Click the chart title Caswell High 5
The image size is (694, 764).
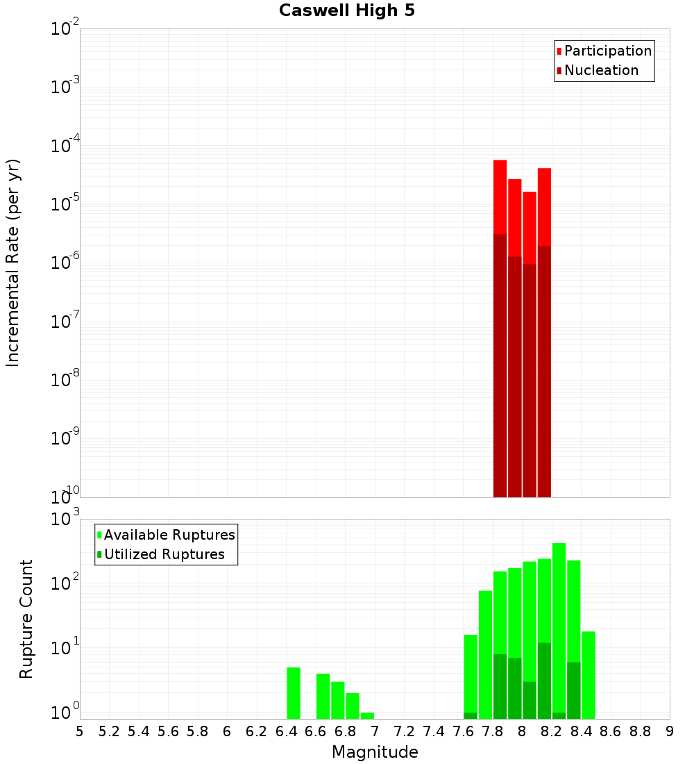click(x=347, y=11)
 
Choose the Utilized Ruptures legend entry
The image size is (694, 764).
click(x=164, y=555)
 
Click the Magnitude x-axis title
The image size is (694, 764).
click(x=375, y=752)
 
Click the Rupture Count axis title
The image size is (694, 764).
click(x=26, y=619)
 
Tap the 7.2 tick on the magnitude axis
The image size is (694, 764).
click(x=404, y=731)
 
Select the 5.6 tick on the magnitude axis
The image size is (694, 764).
click(x=168, y=731)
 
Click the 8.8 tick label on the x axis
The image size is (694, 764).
click(x=640, y=731)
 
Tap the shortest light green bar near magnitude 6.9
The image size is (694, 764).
click(x=367, y=715)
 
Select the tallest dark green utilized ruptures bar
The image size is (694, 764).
click(x=544, y=681)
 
